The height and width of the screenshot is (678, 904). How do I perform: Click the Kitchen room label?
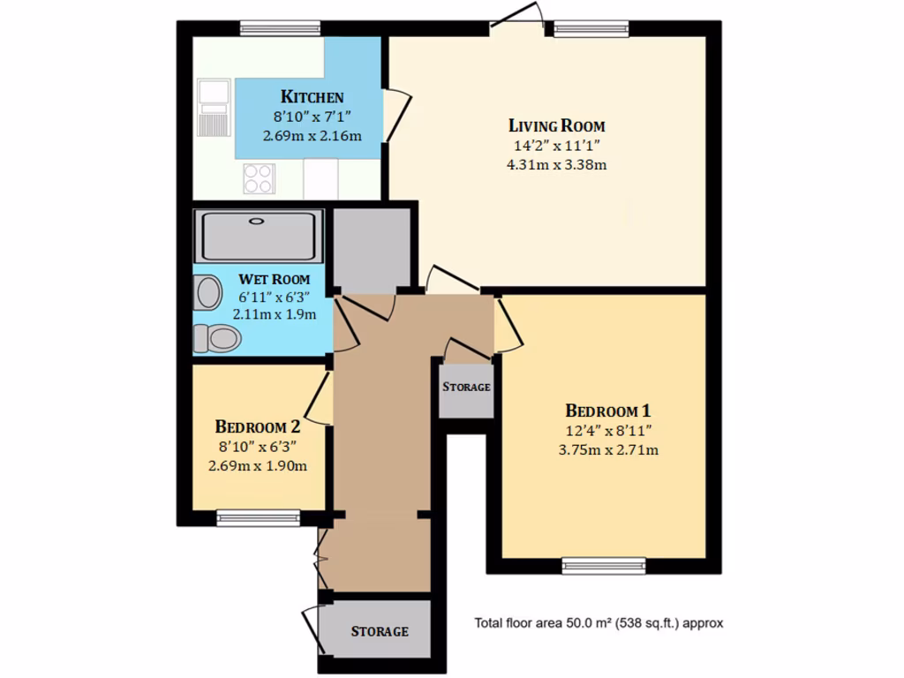[x=312, y=97]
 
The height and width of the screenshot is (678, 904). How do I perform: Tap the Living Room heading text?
[x=556, y=125]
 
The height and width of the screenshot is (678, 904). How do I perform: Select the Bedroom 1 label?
[x=608, y=411]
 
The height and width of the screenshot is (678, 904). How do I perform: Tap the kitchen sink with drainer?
[x=213, y=108]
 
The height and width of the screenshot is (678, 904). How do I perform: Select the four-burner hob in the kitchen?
[x=259, y=179]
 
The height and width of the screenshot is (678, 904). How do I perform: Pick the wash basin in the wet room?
[x=208, y=292]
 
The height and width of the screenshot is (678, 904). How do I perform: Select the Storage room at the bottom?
[x=380, y=630]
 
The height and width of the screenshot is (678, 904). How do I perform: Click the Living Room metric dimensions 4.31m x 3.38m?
[x=556, y=164]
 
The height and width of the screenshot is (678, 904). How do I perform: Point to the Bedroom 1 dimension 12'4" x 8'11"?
[x=608, y=431]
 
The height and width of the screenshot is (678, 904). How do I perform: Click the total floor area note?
[x=599, y=623]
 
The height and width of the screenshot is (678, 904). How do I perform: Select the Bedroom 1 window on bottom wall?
[x=604, y=566]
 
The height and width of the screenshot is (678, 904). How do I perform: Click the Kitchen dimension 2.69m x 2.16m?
[x=312, y=136]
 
